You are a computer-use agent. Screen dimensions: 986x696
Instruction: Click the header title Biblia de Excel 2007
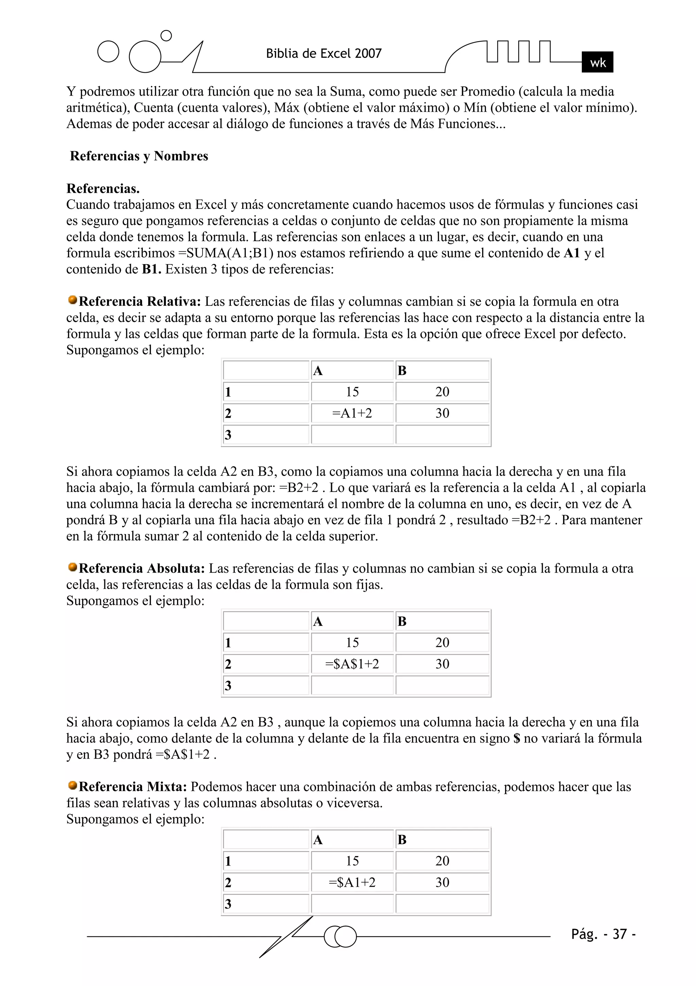point(324,54)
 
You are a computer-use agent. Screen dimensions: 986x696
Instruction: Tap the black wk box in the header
point(597,62)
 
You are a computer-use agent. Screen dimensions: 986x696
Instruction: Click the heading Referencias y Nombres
point(139,156)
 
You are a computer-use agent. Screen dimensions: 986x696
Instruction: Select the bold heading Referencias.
point(103,188)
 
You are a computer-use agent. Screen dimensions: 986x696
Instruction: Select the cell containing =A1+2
point(352,413)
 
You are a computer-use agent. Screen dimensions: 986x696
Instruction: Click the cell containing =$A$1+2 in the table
point(352,664)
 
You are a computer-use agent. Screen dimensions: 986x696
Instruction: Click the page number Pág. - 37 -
point(603,934)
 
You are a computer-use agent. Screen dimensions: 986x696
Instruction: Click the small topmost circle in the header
point(166,36)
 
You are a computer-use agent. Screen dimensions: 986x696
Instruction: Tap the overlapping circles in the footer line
point(340,936)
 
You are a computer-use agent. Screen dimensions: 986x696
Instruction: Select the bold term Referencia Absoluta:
point(142,568)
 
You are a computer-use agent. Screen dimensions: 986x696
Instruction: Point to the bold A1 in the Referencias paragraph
point(572,253)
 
